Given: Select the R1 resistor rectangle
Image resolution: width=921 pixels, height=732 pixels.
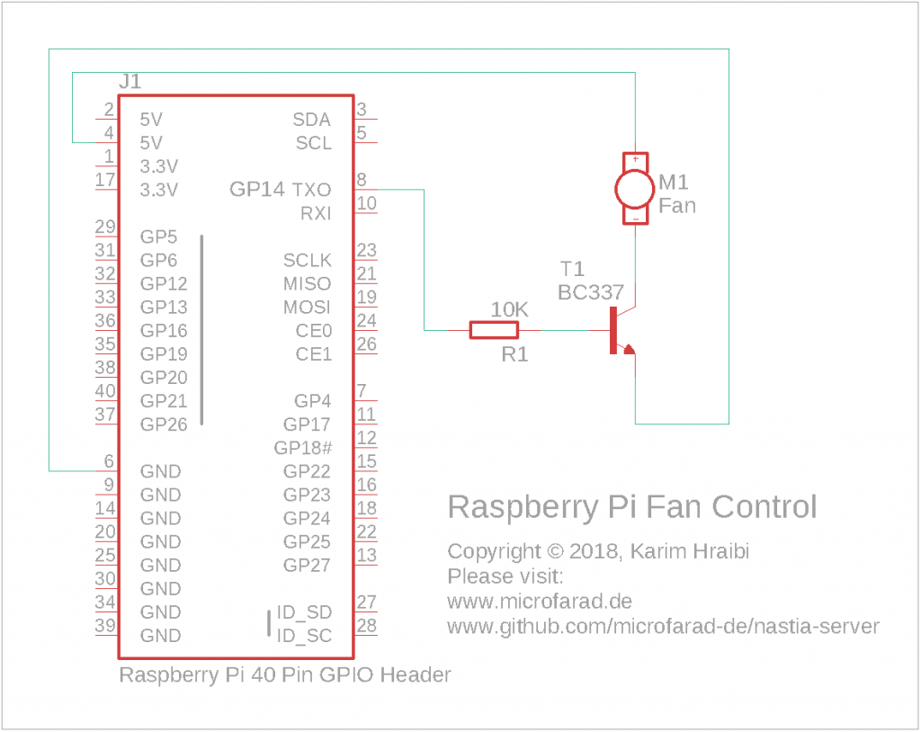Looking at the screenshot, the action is tap(494, 330).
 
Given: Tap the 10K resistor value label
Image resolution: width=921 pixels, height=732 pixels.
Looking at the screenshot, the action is tap(509, 309).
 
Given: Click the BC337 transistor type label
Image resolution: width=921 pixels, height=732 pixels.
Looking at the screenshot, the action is tap(590, 292).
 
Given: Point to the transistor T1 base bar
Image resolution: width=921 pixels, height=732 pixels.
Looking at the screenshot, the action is tap(613, 330).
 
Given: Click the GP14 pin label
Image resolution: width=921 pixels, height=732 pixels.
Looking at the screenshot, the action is tap(256, 189).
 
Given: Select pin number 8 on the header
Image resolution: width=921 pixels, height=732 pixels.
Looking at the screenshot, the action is tap(362, 179).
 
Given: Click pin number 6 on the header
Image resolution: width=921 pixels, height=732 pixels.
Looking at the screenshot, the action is tap(109, 461).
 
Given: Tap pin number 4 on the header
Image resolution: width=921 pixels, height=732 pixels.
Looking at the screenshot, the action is tap(109, 133).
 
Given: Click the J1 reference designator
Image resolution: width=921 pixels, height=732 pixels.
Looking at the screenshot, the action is tap(130, 81).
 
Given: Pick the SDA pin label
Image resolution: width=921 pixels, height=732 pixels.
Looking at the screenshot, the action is tap(312, 120).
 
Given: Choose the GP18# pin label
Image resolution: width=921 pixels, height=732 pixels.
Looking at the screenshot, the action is tap(303, 448).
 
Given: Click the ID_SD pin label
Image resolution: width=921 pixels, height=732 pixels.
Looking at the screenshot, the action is tap(304, 612).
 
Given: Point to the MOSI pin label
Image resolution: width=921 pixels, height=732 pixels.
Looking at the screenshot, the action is tap(308, 308).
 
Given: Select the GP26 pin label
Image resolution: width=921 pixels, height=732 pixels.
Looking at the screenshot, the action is tap(164, 424).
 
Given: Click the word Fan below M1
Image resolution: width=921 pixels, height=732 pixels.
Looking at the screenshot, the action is tap(677, 206).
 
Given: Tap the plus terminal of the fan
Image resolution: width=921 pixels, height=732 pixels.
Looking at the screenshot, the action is tap(636, 158).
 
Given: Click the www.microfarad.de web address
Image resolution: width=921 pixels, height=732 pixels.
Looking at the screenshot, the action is tap(540, 602).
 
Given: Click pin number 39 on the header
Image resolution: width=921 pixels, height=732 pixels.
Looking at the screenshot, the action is tap(105, 625).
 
